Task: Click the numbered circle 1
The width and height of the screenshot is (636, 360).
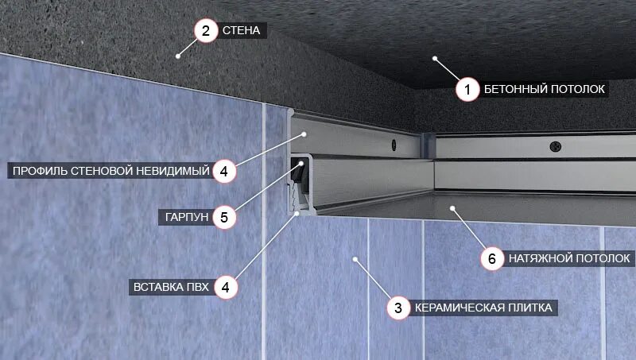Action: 467,89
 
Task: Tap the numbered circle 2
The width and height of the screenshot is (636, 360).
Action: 205,31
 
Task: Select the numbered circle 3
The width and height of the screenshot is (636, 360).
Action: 398,308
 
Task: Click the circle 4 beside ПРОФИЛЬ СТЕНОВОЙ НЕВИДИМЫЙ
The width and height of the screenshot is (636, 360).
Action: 225,170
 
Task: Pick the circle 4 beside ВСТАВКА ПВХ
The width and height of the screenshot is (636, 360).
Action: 225,287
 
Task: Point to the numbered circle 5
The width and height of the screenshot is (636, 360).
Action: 225,216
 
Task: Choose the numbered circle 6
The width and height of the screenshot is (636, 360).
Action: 492,258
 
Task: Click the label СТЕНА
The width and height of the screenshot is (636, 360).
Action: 241,32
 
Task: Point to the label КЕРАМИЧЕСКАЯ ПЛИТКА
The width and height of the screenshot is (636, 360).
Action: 483,308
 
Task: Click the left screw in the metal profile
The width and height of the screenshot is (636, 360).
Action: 393,144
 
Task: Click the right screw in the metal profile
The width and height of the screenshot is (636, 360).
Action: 553,148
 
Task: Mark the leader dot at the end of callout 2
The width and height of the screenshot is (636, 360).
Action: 178,55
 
